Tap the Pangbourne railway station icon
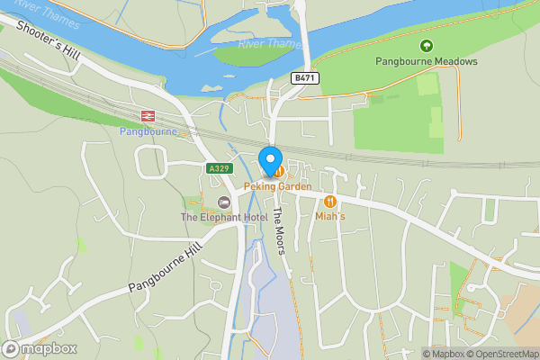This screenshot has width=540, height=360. click(147, 115)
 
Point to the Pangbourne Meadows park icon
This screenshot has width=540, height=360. click(426, 46)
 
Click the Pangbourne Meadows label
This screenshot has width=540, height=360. click(426, 61)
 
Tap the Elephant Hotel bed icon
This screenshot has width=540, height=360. click(223, 202)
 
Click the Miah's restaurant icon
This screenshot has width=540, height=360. click(330, 202)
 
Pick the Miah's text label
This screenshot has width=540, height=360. click(331, 216)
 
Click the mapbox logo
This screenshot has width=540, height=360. click(40, 348)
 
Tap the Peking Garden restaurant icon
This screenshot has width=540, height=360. click(281, 170)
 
